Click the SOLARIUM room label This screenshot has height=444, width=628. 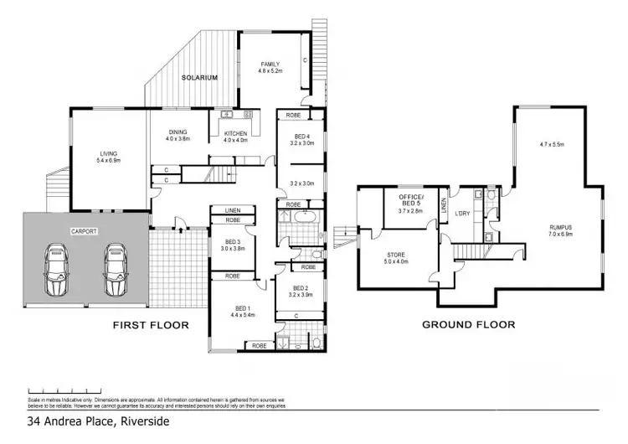(x=200, y=78)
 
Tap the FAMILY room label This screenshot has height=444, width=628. (x=269, y=65)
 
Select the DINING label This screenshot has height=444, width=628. (x=178, y=132)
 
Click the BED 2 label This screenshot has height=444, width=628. (x=299, y=287)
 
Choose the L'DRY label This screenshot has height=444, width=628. (x=461, y=213)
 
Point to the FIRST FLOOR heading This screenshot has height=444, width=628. (x=152, y=324)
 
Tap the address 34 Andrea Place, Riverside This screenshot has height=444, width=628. (x=98, y=421)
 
